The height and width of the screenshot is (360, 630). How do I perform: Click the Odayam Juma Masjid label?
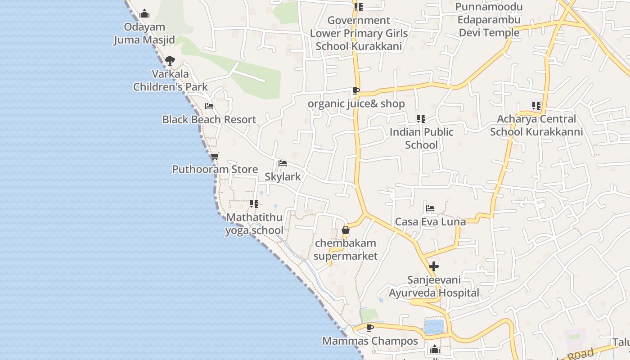(144, 33)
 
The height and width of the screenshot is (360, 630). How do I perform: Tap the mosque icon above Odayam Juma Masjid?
(144, 13)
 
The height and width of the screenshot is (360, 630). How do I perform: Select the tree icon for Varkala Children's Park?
(170, 60)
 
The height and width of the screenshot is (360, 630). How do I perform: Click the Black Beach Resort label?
(209, 119)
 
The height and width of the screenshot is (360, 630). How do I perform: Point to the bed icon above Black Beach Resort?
(209, 106)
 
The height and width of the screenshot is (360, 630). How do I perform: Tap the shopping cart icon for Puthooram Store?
(215, 157)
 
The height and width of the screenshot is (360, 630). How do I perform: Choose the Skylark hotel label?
(283, 176)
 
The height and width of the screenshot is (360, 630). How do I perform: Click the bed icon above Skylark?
(283, 163)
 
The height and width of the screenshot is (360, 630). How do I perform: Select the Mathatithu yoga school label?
(254, 224)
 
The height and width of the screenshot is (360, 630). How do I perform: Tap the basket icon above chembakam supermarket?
(346, 230)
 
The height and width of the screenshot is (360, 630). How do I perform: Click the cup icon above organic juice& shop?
(356, 90)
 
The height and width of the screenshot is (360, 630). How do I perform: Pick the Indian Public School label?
(421, 138)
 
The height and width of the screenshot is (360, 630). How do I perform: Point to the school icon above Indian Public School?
(421, 119)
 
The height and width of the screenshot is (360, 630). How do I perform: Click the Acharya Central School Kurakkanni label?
(536, 125)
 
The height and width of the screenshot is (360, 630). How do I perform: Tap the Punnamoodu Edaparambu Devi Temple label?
(489, 20)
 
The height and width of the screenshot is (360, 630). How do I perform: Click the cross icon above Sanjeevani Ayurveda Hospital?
(434, 266)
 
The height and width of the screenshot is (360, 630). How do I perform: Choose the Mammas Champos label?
(370, 341)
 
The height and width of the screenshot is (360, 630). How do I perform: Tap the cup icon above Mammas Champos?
(370, 328)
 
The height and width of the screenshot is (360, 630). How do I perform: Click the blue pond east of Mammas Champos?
(434, 327)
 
